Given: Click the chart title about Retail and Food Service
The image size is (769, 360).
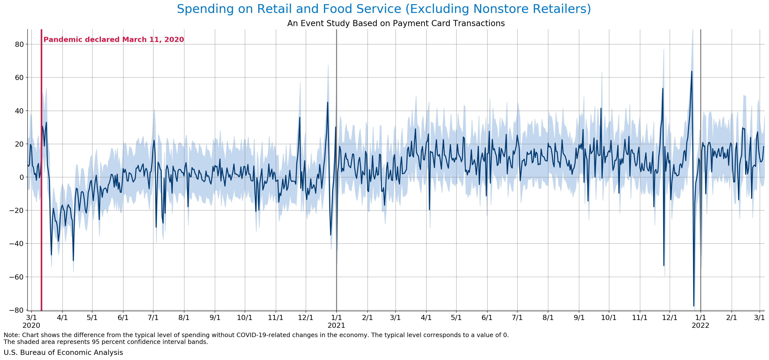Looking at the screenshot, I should (x=384, y=9).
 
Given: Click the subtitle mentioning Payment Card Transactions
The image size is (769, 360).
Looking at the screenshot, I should (x=396, y=23).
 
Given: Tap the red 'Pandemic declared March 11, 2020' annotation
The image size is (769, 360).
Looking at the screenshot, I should (x=113, y=40).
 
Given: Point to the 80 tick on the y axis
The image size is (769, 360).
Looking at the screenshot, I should (x=19, y=44).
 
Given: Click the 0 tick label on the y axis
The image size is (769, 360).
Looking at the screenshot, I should (x=21, y=177).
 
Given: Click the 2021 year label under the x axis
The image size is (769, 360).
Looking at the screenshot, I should (x=336, y=326).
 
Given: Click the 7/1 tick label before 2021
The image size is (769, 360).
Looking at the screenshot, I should (x=153, y=318).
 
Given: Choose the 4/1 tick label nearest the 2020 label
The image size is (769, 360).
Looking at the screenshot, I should (x=62, y=318).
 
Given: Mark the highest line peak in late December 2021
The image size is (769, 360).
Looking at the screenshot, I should (x=691, y=71).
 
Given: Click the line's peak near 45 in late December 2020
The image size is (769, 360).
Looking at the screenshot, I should (x=328, y=102).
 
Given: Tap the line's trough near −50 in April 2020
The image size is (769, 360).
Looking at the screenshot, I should (x=73, y=260).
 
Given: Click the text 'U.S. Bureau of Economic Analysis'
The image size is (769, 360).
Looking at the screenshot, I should (x=63, y=352).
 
